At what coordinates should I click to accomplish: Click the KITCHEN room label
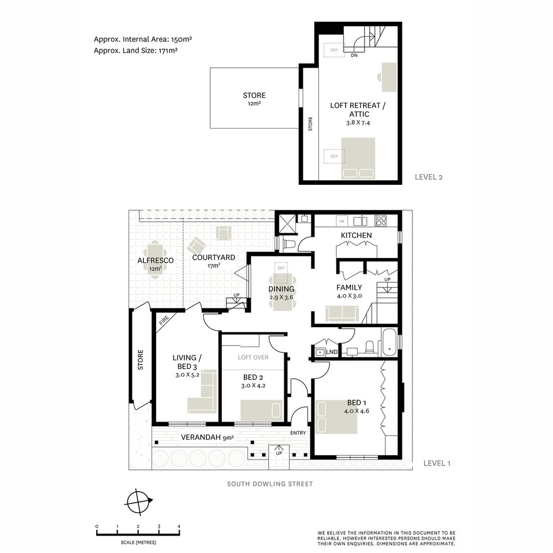click(x=356, y=235)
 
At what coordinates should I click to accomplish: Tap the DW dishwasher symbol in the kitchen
click(x=342, y=221)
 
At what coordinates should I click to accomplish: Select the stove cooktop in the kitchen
click(x=381, y=221)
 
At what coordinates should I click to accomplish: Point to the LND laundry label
click(x=332, y=352)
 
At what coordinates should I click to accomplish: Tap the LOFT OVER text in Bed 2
click(x=253, y=357)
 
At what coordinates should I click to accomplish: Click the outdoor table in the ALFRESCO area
click(x=155, y=260)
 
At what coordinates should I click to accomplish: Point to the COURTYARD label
click(x=214, y=258)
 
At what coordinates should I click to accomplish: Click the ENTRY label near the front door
click(x=298, y=433)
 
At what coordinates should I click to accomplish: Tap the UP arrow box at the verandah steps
click(x=279, y=453)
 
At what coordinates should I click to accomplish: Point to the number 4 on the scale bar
click(x=179, y=526)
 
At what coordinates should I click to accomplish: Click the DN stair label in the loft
click(x=354, y=55)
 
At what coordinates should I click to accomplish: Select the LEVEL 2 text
click(x=428, y=178)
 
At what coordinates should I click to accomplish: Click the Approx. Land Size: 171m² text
click(x=136, y=51)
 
